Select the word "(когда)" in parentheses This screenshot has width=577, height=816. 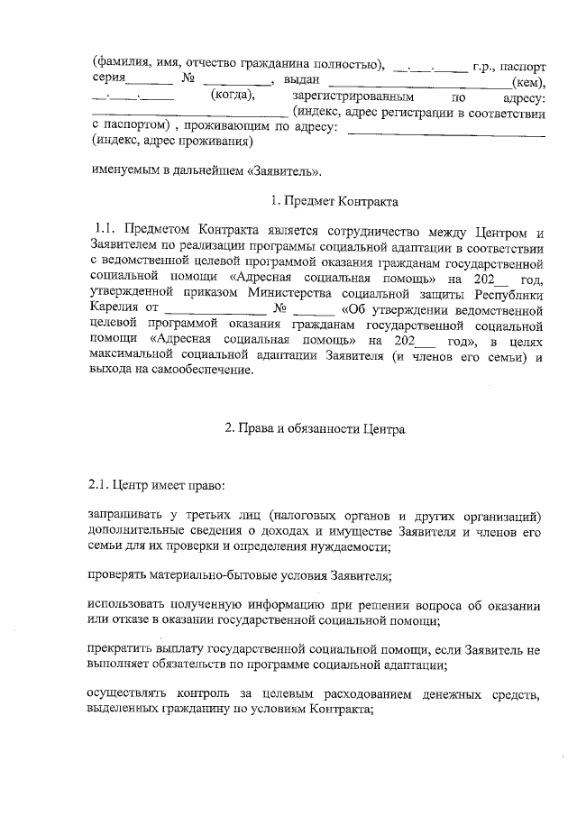coord(233,96)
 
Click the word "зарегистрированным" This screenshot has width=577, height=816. coord(353,96)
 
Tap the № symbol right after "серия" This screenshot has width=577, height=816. coord(188,81)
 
